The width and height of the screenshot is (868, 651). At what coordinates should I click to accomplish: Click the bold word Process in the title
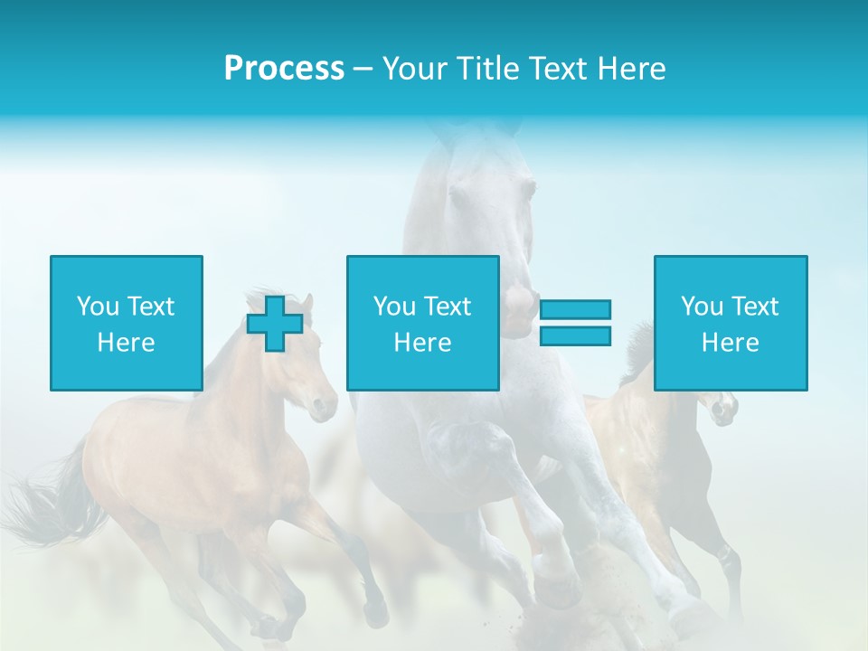[x=284, y=69]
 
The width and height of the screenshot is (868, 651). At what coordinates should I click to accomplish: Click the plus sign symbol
[x=275, y=323]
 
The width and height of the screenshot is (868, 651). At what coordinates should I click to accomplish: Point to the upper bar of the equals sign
[x=575, y=310]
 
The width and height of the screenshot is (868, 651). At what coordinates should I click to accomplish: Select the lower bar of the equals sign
[x=575, y=335]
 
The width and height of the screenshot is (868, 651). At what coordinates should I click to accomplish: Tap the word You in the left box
[x=98, y=307]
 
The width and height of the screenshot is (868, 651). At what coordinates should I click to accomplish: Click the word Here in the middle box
[x=422, y=343]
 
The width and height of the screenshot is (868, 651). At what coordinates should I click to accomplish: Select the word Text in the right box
[x=754, y=307]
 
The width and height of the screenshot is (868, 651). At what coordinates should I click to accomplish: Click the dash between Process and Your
[x=363, y=69]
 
